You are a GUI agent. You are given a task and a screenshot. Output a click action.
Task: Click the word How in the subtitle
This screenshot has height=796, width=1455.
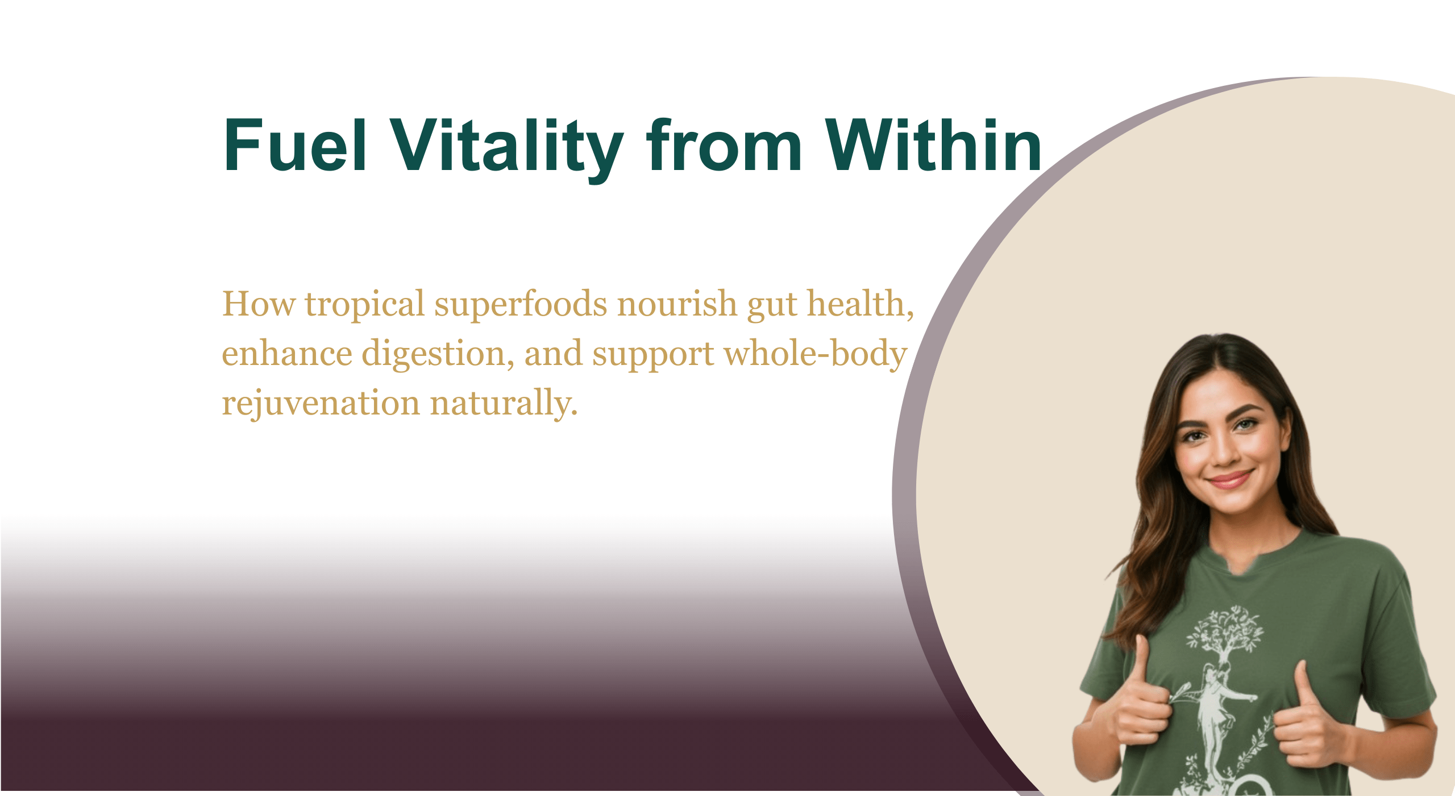click(259, 304)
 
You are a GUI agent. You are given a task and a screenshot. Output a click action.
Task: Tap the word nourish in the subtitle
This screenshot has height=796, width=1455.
click(677, 304)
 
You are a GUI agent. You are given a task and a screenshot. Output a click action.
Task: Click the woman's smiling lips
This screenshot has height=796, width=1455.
click(1230, 480)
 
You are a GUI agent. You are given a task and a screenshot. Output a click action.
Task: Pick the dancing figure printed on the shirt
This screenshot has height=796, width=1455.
click(1216, 716)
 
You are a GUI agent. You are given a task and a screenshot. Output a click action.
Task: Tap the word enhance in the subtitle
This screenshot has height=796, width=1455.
click(287, 354)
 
